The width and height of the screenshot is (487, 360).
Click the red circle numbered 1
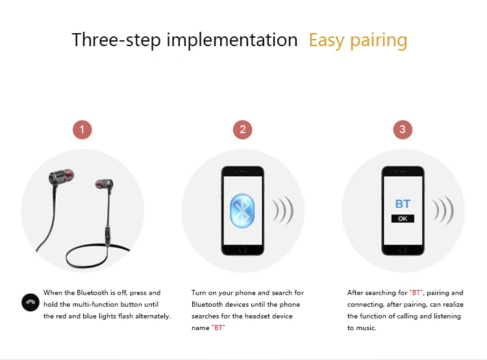(82, 129)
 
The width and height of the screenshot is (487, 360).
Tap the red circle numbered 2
(242, 129)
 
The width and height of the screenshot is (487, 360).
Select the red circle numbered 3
(403, 129)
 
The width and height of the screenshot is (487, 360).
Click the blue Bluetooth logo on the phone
(242, 211)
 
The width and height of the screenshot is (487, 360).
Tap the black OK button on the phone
(403, 218)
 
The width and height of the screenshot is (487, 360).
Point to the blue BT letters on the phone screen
(403, 204)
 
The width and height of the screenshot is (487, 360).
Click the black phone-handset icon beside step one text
(31, 302)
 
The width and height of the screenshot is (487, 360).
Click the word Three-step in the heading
(116, 40)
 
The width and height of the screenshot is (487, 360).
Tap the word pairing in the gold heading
(379, 41)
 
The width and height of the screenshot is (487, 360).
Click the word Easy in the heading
(327, 41)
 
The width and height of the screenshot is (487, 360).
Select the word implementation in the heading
(232, 40)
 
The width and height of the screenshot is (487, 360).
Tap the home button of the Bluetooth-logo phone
(243, 250)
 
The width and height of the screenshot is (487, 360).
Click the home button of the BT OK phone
(403, 250)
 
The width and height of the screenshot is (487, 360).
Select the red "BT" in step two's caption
(218, 328)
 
